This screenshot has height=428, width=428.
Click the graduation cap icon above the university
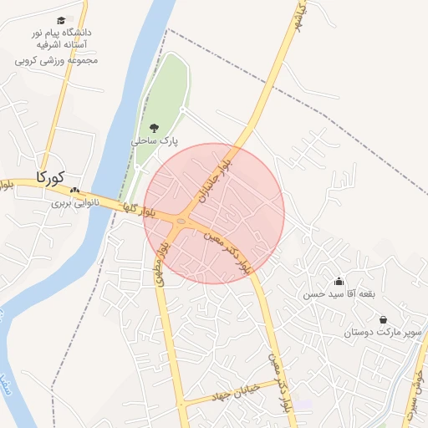pyautogui.click(x=61, y=20)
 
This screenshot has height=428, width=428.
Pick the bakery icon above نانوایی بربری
pyautogui.click(x=74, y=191)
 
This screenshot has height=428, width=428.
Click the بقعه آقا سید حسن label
pyautogui.click(x=338, y=295)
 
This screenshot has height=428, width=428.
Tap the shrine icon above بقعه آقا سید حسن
pyautogui.click(x=339, y=282)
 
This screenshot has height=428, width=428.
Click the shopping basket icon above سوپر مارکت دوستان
pyautogui.click(x=383, y=319)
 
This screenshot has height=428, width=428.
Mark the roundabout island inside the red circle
pyautogui.click(x=181, y=220)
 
